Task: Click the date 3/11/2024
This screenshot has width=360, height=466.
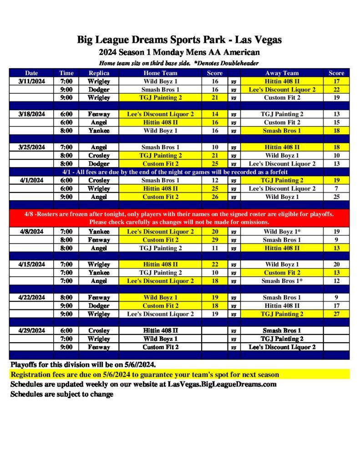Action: click(x=31, y=81)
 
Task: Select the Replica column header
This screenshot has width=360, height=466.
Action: click(x=99, y=73)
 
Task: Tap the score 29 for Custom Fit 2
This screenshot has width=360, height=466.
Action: click(x=215, y=240)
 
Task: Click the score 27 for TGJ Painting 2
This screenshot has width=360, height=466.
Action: click(x=336, y=314)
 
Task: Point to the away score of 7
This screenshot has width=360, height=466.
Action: click(x=336, y=188)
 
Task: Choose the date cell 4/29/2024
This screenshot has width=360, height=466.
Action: click(x=31, y=331)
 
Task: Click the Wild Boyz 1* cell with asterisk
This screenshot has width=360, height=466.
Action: click(x=282, y=232)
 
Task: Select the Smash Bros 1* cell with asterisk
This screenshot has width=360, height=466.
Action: click(x=282, y=281)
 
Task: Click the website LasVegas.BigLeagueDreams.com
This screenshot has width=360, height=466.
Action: click(x=222, y=385)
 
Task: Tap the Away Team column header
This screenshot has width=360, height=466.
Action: click(x=282, y=73)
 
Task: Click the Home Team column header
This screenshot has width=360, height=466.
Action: click(x=160, y=73)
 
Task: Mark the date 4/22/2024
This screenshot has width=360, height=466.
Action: click(x=31, y=298)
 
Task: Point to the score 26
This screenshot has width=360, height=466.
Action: click(x=215, y=197)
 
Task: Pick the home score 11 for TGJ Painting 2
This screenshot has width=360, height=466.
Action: click(x=215, y=248)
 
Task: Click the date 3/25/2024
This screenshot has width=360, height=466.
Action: click(x=31, y=147)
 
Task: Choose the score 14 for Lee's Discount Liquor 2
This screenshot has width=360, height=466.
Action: click(x=215, y=114)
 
